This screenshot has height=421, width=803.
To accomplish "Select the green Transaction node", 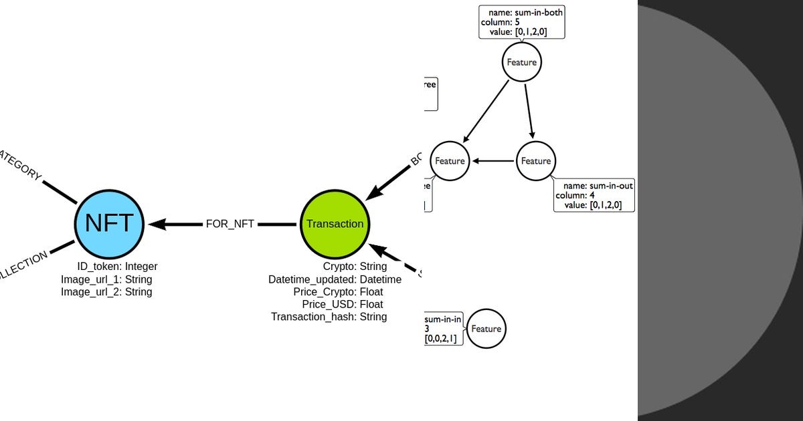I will [335, 224].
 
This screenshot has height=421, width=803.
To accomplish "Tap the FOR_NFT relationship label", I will [230, 224].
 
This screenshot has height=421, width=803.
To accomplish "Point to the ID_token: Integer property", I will [117, 267].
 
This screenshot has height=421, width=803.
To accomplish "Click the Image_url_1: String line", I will [106, 279].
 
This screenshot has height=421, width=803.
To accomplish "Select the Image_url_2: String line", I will [106, 292].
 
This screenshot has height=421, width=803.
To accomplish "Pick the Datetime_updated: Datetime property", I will [335, 279].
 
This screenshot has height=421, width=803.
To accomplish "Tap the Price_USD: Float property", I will [342, 305].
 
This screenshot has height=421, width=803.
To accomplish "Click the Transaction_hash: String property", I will [329, 317].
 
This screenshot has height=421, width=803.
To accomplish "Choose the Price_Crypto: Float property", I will [338, 292].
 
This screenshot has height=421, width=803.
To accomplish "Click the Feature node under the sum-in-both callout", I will [521, 62].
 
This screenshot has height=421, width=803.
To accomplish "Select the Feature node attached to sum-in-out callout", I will [535, 161].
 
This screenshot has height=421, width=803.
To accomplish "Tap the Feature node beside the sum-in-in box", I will [486, 329].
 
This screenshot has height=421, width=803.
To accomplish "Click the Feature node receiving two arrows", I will [450, 161].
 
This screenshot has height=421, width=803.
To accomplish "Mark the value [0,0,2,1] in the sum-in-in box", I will [441, 339].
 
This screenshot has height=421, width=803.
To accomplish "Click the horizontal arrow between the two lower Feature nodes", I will [493, 161].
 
